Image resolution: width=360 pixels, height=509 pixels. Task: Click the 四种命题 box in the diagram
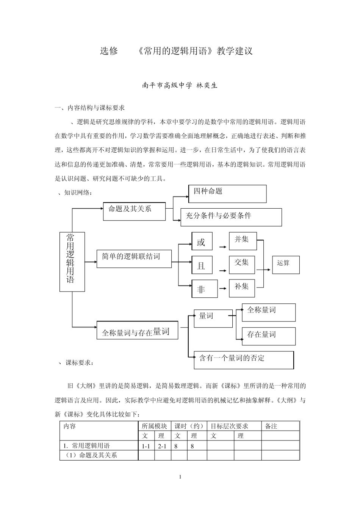(227, 194)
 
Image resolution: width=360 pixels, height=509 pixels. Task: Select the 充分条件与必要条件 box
(231, 217)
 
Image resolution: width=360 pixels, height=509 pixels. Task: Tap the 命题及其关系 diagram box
(134, 211)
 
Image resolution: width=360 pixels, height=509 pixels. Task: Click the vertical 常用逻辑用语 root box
(72, 262)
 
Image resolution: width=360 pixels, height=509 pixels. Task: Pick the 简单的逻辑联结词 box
(134, 258)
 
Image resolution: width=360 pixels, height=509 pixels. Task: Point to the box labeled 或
(202, 242)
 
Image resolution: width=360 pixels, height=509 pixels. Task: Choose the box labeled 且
(202, 265)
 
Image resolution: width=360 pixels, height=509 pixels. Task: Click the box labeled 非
(204, 289)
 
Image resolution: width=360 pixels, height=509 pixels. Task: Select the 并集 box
(243, 241)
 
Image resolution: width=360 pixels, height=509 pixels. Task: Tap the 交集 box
(242, 264)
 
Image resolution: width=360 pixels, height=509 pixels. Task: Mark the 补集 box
(242, 288)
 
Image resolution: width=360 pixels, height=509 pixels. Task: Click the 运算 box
(286, 264)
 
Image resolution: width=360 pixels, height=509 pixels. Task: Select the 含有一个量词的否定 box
(243, 360)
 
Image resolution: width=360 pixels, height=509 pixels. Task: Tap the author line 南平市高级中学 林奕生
(180, 86)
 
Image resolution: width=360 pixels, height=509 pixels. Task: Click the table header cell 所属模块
(154, 426)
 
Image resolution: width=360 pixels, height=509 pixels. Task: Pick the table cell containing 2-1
(163, 446)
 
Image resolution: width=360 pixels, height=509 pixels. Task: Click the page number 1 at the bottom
(180, 477)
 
